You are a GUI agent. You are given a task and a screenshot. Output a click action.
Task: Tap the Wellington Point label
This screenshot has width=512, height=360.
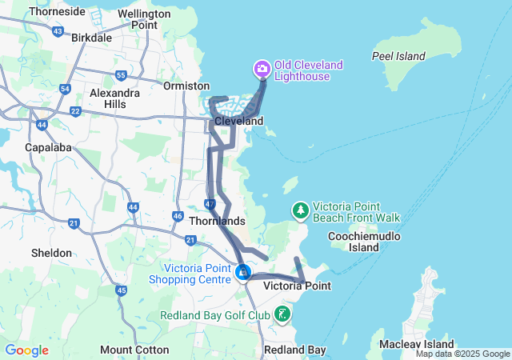(x=143, y=19)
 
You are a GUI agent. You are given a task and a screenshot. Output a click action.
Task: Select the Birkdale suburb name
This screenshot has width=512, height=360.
(x=91, y=38)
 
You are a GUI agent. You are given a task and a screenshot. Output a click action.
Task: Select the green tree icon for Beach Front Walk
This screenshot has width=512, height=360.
(x=300, y=210)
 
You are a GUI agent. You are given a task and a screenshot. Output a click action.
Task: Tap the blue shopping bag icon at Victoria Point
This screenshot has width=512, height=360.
(x=242, y=273)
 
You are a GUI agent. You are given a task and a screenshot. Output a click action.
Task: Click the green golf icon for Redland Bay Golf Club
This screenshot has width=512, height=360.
(x=282, y=314)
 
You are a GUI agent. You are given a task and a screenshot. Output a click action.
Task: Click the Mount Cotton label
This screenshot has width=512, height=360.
(x=134, y=350)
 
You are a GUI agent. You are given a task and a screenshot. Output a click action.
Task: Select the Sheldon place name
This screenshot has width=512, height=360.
(x=51, y=253)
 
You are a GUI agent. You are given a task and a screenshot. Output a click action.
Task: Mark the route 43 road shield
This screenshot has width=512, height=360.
(x=57, y=31)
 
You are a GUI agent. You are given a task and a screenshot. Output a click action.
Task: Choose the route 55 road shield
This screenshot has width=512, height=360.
(x=121, y=75)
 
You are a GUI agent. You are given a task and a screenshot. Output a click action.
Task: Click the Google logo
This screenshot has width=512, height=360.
(x=26, y=350)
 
